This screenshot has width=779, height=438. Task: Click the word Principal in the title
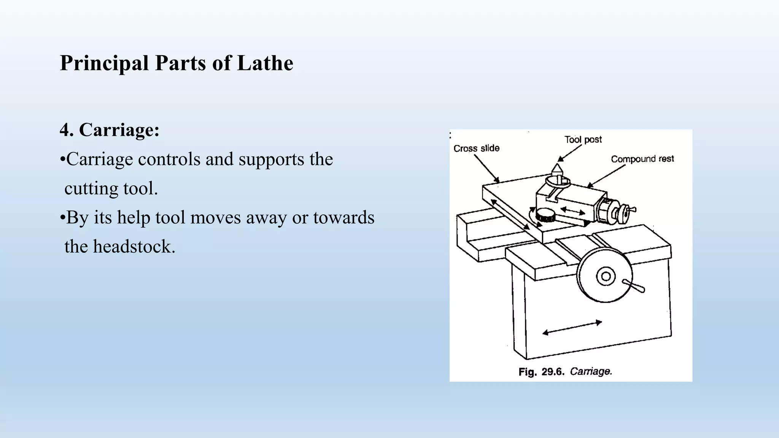104,63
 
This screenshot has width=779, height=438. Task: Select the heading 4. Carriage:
110,130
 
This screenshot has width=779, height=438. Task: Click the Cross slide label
476,148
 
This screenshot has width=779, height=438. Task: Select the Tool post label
583,140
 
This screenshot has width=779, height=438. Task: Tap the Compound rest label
642,159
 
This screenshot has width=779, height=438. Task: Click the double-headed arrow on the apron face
572,328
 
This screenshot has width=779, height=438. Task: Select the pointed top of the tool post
557,168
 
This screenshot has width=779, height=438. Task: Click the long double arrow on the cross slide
510,214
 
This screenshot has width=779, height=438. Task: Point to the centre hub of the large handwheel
606,276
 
